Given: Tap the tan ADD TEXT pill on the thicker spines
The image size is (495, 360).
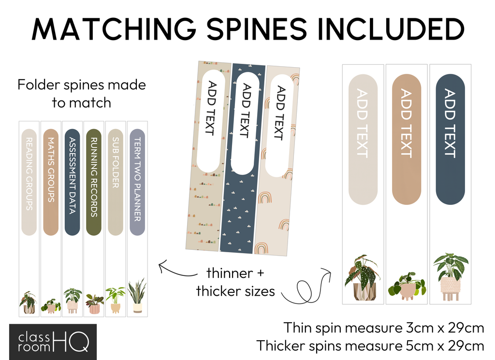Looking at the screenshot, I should click(x=407, y=139).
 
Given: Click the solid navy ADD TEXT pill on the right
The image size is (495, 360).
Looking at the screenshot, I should click(x=450, y=139).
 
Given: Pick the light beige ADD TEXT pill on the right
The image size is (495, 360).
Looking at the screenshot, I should click(x=363, y=139).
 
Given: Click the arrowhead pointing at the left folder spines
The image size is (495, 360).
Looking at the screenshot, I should click(x=161, y=265).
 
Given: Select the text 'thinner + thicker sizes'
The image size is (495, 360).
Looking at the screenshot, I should click(x=235, y=282).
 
